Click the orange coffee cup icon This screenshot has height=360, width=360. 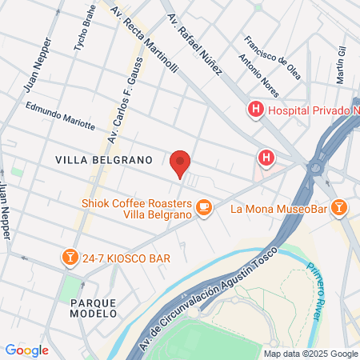tap(204, 208)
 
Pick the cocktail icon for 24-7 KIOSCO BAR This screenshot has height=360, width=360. tap(70, 257)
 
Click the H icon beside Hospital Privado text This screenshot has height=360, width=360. tap(256, 109)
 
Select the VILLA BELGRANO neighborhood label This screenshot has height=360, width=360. tap(103, 160)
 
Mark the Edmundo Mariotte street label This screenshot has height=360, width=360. tap(61, 117)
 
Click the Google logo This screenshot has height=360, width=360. tap(26, 350)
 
